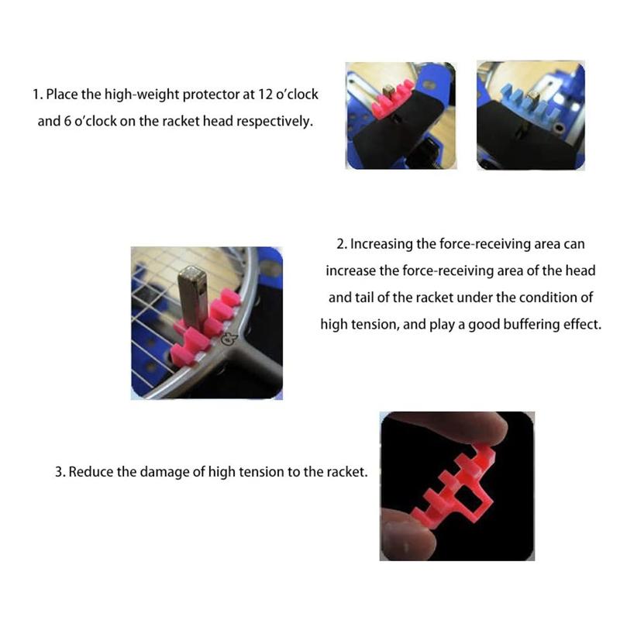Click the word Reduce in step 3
tap(91, 471)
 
